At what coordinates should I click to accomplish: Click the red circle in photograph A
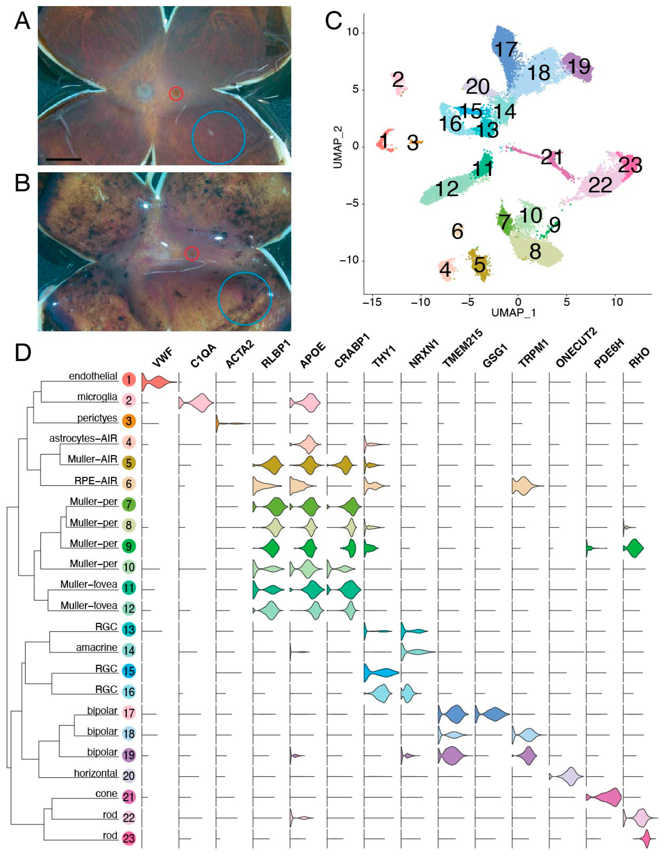(176, 93)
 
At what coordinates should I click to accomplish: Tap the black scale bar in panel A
(63, 159)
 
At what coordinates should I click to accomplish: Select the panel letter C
(333, 22)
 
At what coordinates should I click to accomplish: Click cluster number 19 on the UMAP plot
(578, 67)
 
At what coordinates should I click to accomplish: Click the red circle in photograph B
(192, 254)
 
